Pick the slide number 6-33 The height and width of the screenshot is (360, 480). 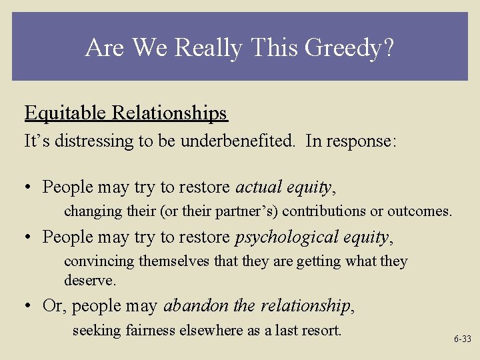click(462, 339)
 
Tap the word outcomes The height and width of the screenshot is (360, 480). click(419, 211)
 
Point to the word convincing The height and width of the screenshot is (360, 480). click(99, 261)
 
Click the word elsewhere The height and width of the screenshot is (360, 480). click(204, 330)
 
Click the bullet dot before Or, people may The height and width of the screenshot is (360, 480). click(29, 307)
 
